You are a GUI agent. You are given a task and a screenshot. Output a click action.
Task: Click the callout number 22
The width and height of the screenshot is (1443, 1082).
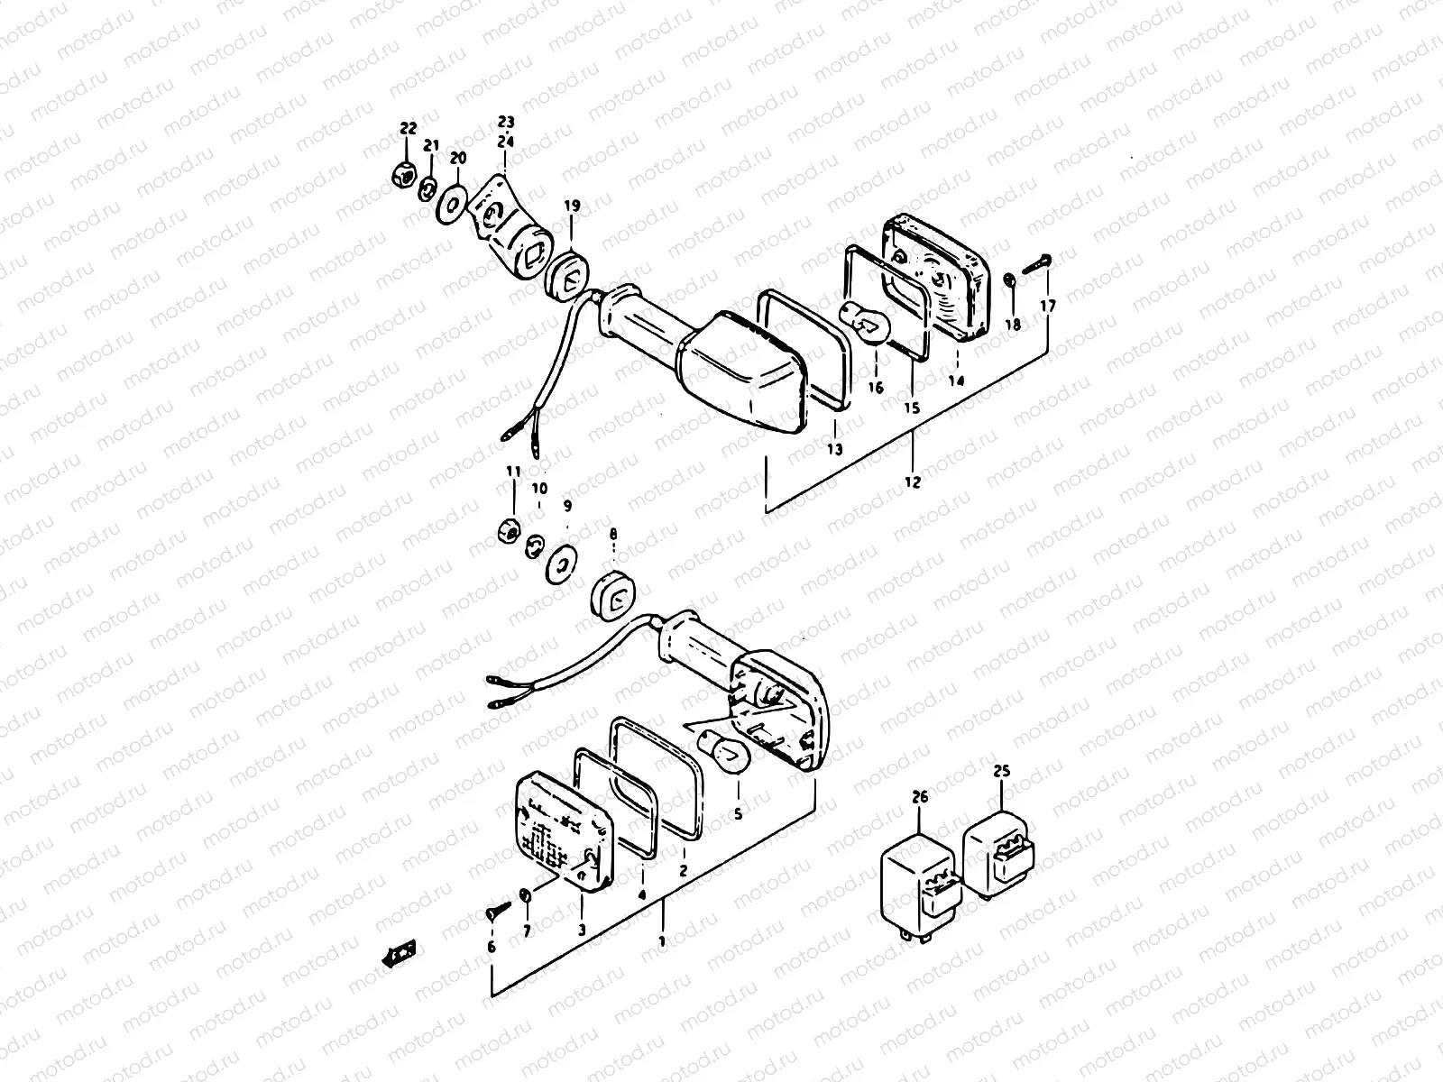(x=409, y=129)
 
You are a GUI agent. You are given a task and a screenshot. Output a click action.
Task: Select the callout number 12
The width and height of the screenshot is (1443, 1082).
(x=912, y=482)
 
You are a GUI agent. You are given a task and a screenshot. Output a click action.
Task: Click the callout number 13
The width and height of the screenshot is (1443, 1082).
(x=834, y=448)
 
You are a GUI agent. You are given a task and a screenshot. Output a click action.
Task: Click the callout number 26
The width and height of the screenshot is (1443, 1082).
(x=919, y=797)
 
